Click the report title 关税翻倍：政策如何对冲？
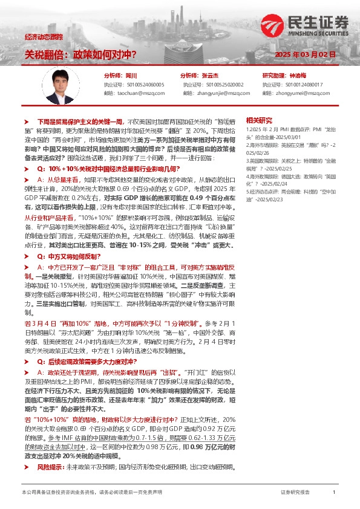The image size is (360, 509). coord(80,55)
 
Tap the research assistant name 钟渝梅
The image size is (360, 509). coord(298,76)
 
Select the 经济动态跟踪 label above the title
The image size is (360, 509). coord(44,37)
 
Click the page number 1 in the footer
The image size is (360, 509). coord(334,493)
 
